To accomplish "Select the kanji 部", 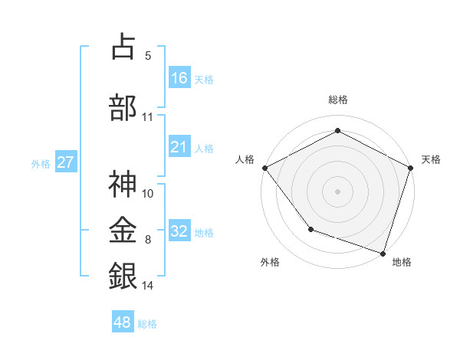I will point(123,106).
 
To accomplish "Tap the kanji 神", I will point(123,184).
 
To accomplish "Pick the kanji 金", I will point(123,229).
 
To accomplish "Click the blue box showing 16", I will point(179,78).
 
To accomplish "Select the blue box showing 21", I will point(179,148).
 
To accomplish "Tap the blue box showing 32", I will point(179,231).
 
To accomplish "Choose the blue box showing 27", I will point(65,162).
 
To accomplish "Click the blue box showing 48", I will point(123,322).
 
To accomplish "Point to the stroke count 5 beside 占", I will point(147,56).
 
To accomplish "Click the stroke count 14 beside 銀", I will point(148,285).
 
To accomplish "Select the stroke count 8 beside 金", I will point(147,241).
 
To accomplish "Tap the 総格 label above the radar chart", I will point(337,100).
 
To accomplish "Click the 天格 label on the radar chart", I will point(431,159).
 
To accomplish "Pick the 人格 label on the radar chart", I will point(245,159).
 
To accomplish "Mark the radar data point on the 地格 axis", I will point(383,252).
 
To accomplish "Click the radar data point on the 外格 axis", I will point(310,228).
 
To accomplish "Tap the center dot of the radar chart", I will point(337,191).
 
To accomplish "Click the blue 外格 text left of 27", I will point(41,163).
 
